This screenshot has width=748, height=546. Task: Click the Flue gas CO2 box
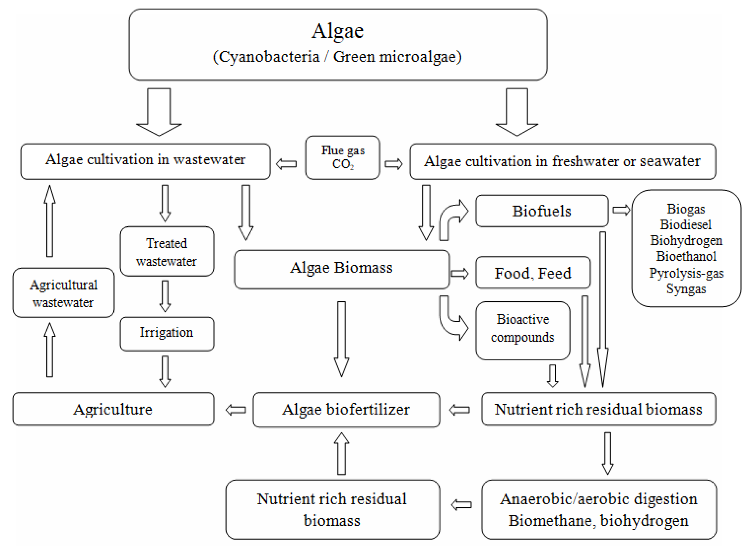[343, 157]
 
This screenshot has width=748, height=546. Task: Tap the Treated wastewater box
[167, 251]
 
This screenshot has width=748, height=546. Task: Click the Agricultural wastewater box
[63, 293]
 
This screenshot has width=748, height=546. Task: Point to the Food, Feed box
[533, 273]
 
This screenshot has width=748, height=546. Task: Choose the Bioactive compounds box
[522, 330]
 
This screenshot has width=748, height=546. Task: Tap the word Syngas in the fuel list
[686, 289]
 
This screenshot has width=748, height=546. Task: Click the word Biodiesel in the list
[686, 225]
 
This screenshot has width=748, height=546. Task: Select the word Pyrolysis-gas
[686, 273]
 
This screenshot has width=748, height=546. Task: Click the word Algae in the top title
[337, 31]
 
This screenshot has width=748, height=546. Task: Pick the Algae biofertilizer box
[346, 409]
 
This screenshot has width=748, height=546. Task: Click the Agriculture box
[113, 409]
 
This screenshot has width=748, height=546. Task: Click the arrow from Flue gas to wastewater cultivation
[286, 164]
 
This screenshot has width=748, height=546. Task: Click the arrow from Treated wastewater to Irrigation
[165, 296]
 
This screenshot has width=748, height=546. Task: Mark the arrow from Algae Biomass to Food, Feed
[460, 273]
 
